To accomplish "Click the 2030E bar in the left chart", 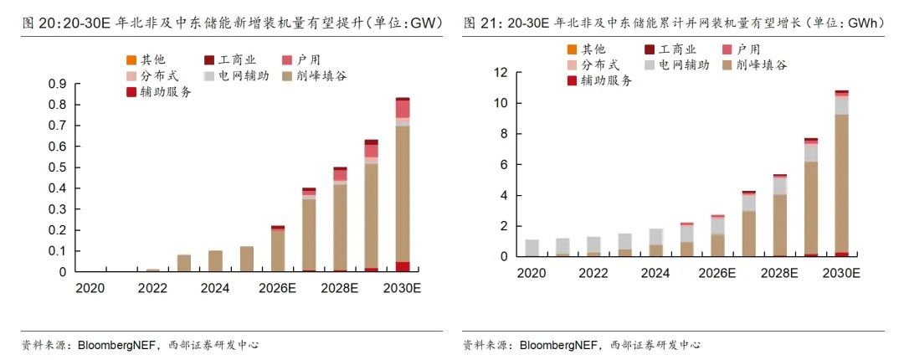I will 403,184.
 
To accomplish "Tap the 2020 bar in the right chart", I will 532,248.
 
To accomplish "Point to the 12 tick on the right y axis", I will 500,73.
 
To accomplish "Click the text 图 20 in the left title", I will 37,23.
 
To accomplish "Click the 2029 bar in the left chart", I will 372,206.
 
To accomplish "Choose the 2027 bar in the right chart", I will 748,224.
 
